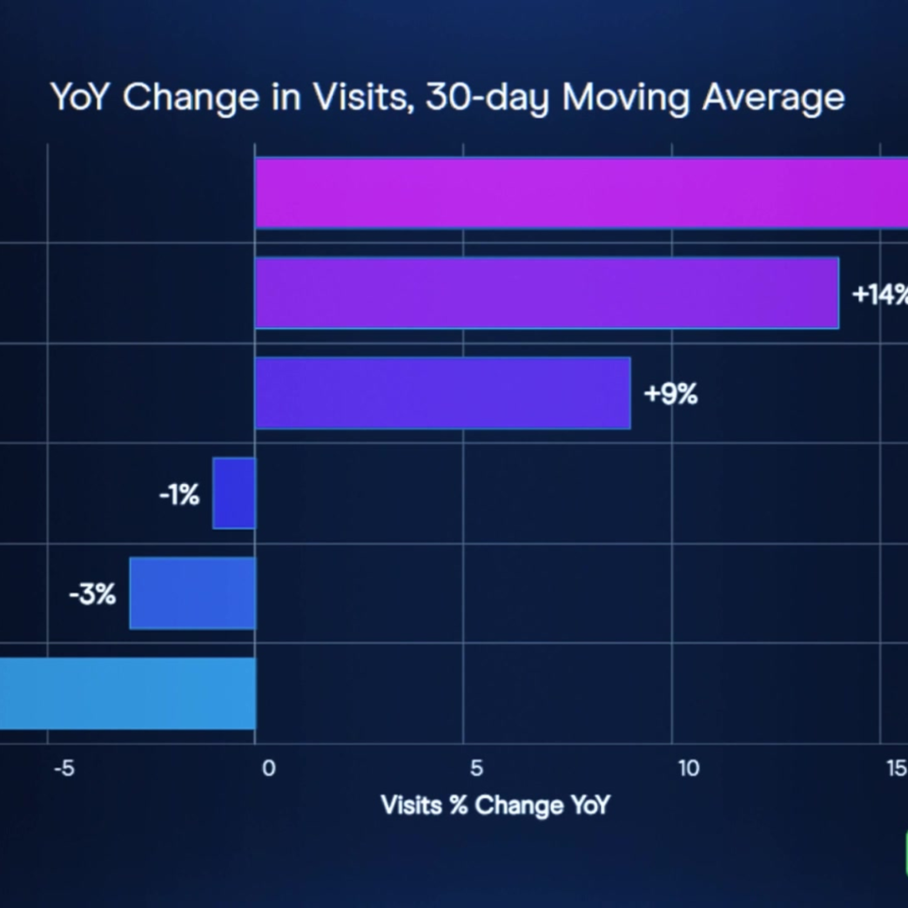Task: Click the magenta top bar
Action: [x=581, y=193]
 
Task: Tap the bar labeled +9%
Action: [x=442, y=393]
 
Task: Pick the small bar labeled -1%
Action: [x=234, y=493]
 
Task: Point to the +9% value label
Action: [x=671, y=394]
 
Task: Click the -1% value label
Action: [x=179, y=495]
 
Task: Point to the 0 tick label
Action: [x=268, y=768]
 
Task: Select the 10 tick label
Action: [x=689, y=768]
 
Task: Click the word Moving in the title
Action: [x=626, y=98]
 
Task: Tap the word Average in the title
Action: [x=773, y=98]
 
